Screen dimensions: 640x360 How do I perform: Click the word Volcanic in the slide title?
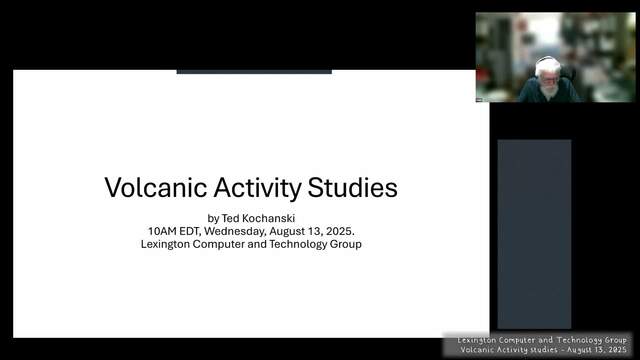[x=156, y=188]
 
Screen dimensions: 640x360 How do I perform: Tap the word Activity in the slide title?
[x=257, y=189]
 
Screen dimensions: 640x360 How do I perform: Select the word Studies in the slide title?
[x=353, y=188]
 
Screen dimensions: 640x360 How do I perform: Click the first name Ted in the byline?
[x=229, y=218]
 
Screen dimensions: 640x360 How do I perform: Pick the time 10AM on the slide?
[x=162, y=231]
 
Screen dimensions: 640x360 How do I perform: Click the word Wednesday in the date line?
[x=235, y=231]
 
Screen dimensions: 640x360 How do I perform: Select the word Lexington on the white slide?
[x=165, y=244]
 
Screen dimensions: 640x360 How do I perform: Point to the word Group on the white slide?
[x=346, y=244]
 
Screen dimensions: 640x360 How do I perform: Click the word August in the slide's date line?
[x=287, y=231]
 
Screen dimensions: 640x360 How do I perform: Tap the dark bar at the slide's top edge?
[x=254, y=72]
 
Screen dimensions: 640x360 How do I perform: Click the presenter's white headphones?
[x=547, y=62]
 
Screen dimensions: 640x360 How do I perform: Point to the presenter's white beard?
[x=549, y=91]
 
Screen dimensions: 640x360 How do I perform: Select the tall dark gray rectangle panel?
[x=534, y=234]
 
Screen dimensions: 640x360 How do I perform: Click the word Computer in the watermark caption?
[x=517, y=340]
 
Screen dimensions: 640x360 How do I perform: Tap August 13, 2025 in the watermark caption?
[x=596, y=350]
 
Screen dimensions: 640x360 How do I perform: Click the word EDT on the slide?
[x=190, y=231]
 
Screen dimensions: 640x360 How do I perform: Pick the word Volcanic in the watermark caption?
[x=476, y=350]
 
